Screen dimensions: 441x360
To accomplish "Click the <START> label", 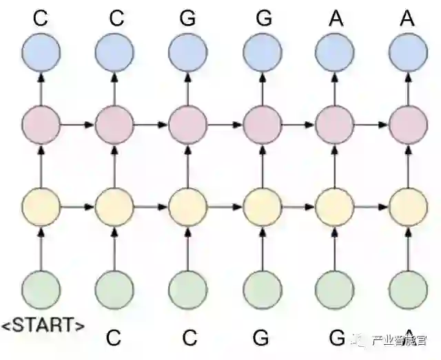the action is [43, 324].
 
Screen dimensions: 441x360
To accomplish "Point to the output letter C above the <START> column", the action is [41, 18].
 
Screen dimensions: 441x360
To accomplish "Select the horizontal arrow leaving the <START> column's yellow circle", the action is [77, 205].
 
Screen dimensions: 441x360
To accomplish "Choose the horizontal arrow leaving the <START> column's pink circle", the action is [77, 125].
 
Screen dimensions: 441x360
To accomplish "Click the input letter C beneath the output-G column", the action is [188, 338].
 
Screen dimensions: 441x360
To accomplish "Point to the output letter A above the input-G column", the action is [334, 18].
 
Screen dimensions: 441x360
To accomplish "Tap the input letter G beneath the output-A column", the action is [336, 338].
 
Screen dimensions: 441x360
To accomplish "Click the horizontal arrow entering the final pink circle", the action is [371, 125].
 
